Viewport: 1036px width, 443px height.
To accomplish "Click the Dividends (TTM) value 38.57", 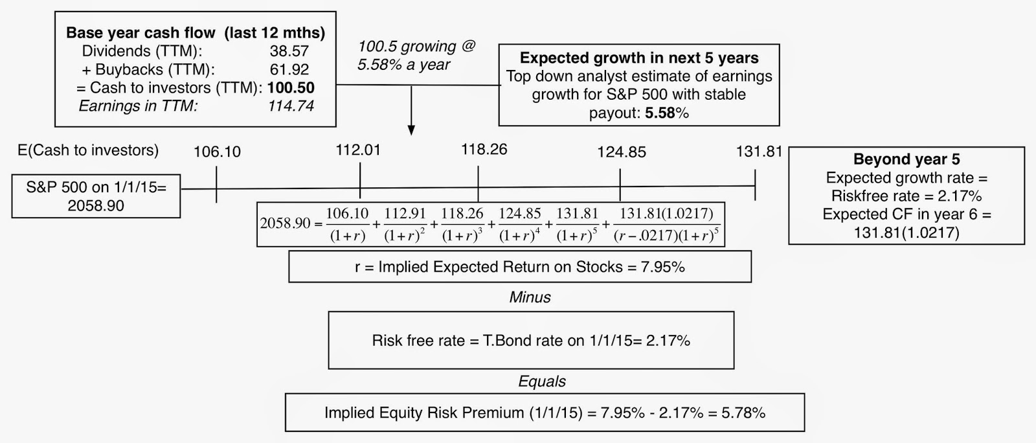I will pyautogui.click(x=289, y=51).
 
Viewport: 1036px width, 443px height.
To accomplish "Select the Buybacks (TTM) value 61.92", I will pyautogui.click(x=289, y=69).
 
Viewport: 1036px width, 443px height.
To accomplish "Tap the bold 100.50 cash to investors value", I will pyautogui.click(x=291, y=87).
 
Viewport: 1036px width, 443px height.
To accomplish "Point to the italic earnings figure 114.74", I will pyautogui.click(x=291, y=106).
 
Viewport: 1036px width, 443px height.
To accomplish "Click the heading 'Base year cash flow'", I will pyautogui.click(x=141, y=33).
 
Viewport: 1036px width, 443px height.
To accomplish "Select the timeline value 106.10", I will pyautogui.click(x=217, y=152).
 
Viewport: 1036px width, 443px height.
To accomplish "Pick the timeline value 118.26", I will pyautogui.click(x=484, y=149).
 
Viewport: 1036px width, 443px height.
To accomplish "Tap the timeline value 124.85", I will pyautogui.click(x=621, y=152).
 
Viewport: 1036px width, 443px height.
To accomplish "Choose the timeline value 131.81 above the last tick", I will pyautogui.click(x=759, y=152).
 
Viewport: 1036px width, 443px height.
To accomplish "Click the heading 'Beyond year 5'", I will pyautogui.click(x=906, y=159).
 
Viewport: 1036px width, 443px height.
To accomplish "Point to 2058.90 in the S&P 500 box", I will pyautogui.click(x=96, y=206).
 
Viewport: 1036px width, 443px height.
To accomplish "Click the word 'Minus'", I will pyautogui.click(x=530, y=297).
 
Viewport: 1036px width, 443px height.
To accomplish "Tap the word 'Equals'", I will pyautogui.click(x=542, y=381).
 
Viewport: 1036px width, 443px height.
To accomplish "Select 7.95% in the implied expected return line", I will pyautogui.click(x=662, y=267).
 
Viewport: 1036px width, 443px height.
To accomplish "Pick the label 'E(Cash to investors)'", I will pyautogui.click(x=88, y=150).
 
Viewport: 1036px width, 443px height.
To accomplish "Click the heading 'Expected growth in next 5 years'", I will pyautogui.click(x=639, y=58).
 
